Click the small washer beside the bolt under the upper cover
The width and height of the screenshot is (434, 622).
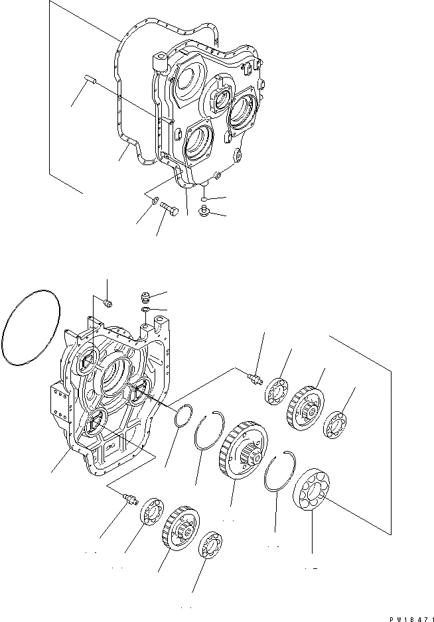153,200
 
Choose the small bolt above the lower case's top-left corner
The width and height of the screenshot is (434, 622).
110,304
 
